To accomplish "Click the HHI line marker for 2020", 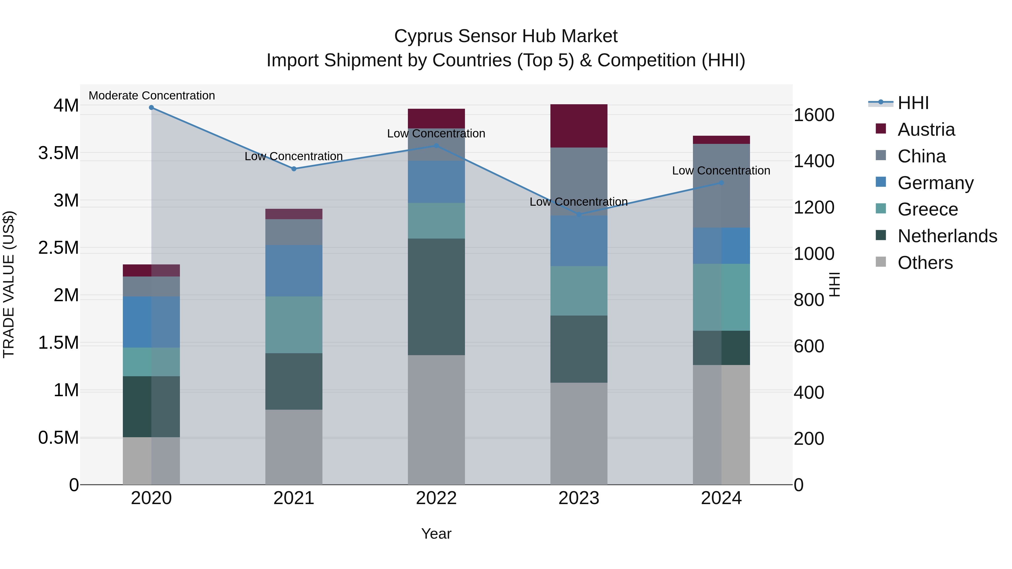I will [151, 108].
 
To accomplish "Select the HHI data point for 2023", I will [579, 214].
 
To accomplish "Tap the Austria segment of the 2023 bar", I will [579, 126].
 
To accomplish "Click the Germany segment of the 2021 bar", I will [293, 271].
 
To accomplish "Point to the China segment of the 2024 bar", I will [721, 185].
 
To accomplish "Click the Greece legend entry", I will [928, 209].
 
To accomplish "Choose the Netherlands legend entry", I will [947, 236].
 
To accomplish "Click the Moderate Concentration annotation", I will [152, 96].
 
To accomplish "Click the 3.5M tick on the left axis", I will [58, 153].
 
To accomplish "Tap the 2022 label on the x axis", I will [436, 498].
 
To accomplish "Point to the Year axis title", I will [436, 534].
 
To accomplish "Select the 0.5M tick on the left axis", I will [58, 437].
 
